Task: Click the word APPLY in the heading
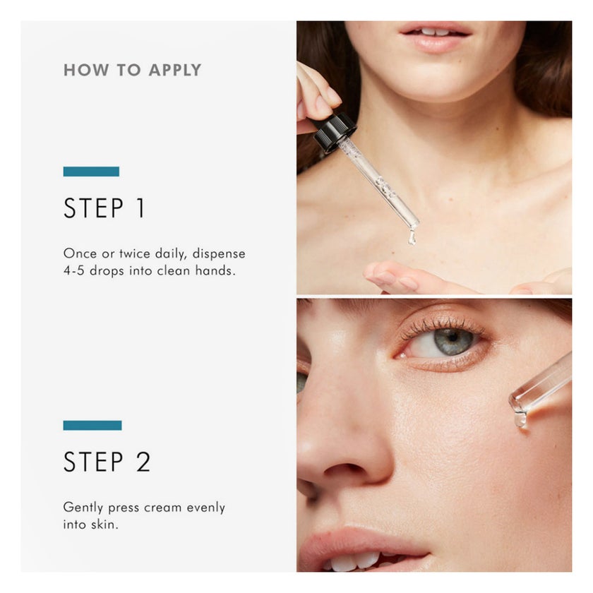point(175,71)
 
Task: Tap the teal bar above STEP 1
point(91,172)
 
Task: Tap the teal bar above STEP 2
point(92,425)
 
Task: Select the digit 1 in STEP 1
point(140,208)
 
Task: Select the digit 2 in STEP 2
point(143,462)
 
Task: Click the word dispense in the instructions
point(219,253)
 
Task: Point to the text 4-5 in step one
point(73,271)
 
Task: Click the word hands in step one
point(215,271)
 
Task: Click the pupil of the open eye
point(452,336)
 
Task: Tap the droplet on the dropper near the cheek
point(520,419)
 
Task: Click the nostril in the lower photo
point(345,469)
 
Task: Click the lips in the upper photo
point(435,37)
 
